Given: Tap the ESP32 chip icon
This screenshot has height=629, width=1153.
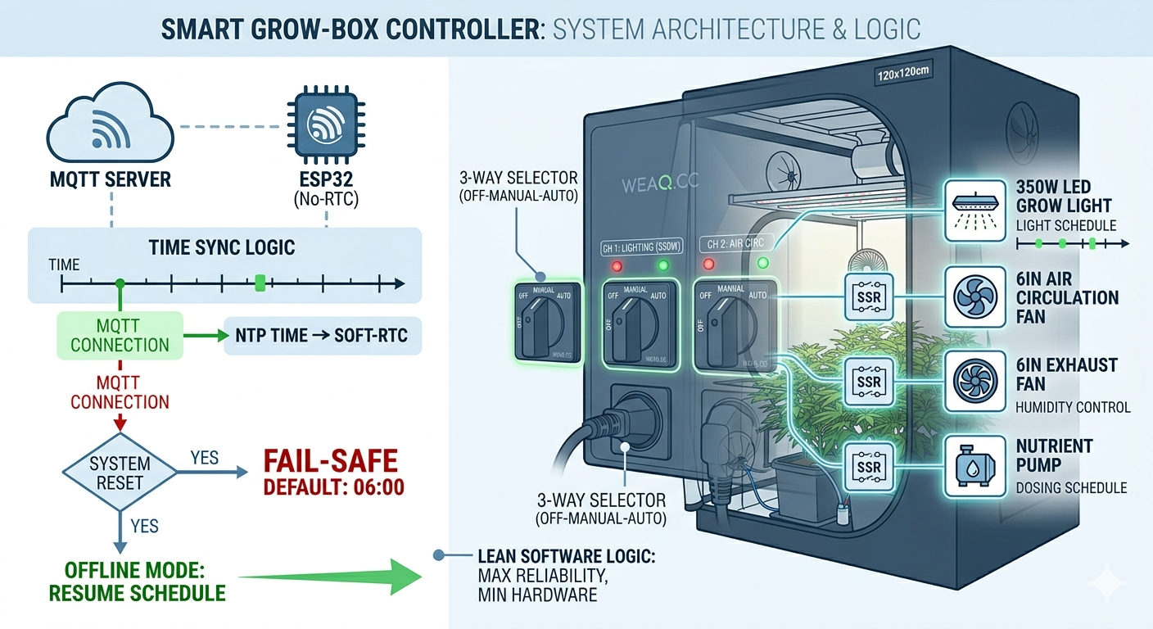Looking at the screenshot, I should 324,128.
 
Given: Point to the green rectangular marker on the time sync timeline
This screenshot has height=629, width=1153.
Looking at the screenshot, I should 260,283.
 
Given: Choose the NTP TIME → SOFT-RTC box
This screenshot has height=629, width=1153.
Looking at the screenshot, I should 322,336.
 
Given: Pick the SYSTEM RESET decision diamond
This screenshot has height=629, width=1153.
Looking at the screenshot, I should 120,471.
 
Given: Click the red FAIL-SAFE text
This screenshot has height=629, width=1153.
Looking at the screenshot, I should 330,461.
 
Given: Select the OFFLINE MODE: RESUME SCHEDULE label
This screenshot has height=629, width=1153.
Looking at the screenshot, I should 138,580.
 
